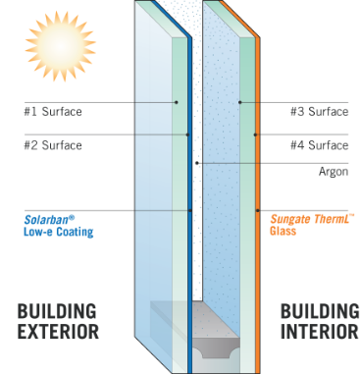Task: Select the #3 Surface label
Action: (319, 111)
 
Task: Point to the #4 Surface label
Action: (319, 145)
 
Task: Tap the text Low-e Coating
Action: (59, 233)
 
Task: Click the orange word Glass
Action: (285, 233)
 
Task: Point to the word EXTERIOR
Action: (58, 332)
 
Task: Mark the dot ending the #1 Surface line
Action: (177, 102)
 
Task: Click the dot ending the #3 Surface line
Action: (238, 102)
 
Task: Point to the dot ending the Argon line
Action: (197, 162)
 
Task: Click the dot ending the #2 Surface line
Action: (188, 134)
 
